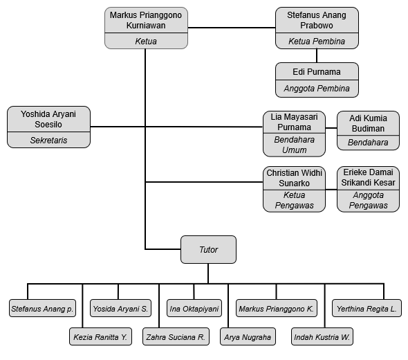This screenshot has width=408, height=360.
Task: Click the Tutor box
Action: [208, 249]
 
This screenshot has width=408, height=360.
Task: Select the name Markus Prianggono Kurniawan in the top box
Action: [146, 20]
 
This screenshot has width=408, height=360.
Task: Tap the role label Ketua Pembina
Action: [317, 41]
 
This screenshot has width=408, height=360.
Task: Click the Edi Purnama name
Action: [317, 71]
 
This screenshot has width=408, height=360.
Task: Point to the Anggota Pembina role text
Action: [317, 89]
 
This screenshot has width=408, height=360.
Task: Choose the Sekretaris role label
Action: [48, 140]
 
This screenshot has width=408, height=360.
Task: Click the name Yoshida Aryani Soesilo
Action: [48, 119]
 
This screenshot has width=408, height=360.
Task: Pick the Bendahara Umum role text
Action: [295, 145]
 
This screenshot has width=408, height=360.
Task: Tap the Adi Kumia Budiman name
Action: [368, 123]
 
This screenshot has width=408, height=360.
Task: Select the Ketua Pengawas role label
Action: [295, 200]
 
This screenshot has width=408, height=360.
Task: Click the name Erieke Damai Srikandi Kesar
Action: [368, 177]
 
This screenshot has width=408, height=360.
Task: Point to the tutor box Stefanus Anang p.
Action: [42, 308]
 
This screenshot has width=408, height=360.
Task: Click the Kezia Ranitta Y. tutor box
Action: [100, 337]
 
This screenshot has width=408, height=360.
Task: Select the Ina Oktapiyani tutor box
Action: [194, 308]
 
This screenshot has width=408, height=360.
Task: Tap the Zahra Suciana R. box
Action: [176, 337]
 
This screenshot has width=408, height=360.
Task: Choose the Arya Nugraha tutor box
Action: [248, 337]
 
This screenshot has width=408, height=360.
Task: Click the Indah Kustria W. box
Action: [322, 337]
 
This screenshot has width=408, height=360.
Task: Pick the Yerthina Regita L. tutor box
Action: [367, 308]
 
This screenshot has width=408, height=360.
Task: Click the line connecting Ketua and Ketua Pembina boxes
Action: [232, 28]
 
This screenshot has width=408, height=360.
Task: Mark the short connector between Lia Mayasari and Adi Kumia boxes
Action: [331, 128]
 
